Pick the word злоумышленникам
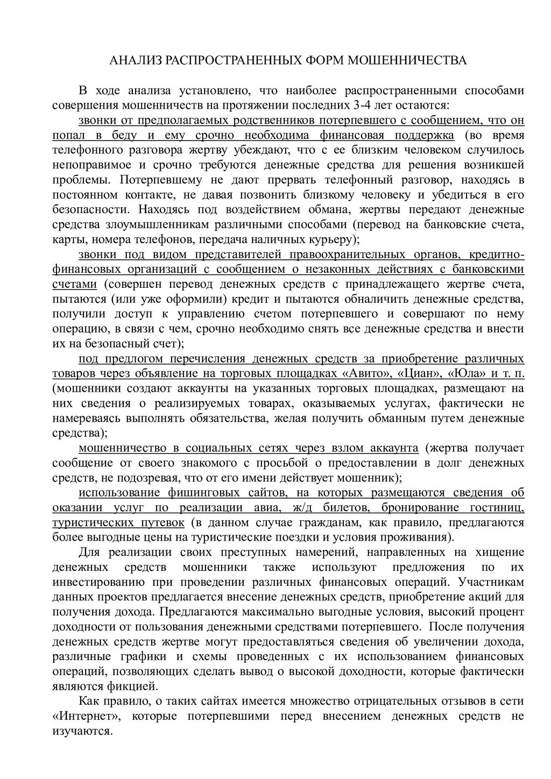[153, 224]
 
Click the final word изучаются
[82, 731]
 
